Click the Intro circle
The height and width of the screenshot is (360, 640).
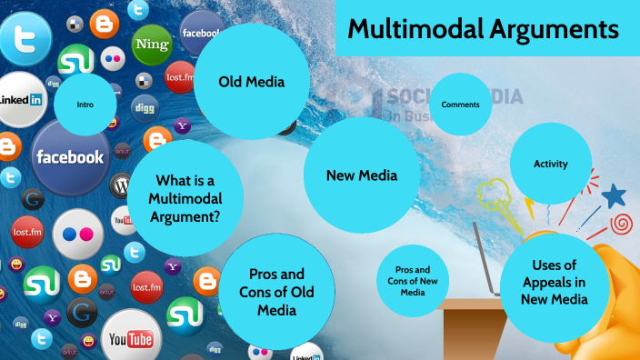tap(85, 105)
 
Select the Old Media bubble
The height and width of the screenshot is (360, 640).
tap(252, 82)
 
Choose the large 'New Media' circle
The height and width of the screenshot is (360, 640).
tap(361, 175)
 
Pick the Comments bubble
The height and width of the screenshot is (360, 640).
tap(460, 105)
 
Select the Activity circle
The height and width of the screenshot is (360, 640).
tap(551, 164)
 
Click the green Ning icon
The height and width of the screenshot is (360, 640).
tap(152, 43)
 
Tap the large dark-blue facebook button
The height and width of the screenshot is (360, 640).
tap(70, 156)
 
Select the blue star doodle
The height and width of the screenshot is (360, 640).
tap(615, 195)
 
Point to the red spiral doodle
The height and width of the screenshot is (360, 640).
tap(622, 223)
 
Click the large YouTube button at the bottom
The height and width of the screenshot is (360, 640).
tap(130, 337)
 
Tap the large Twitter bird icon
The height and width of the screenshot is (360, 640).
tap(25, 38)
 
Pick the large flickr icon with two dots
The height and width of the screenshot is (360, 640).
tap(77, 234)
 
